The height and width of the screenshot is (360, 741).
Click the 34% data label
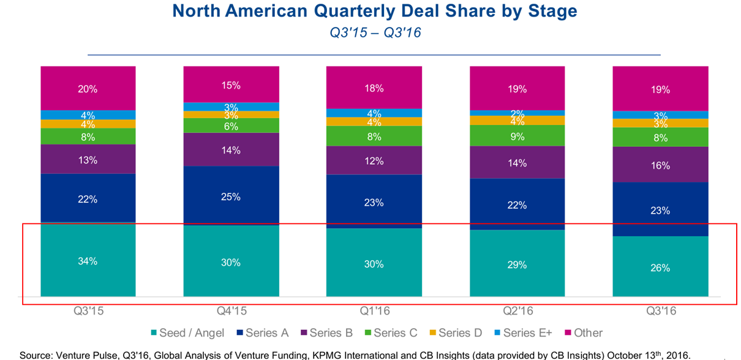[88, 261]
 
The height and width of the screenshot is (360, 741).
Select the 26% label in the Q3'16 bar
[660, 268]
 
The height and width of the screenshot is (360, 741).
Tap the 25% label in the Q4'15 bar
[231, 197]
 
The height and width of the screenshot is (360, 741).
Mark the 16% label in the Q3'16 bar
[660, 165]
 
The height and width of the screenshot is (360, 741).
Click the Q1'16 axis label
[374, 310]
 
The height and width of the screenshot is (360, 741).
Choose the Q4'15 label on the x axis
[231, 310]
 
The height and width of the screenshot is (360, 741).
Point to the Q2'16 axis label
[517, 310]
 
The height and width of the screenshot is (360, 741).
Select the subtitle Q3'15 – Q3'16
[374, 32]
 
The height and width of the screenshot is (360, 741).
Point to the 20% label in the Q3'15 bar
[88, 89]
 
